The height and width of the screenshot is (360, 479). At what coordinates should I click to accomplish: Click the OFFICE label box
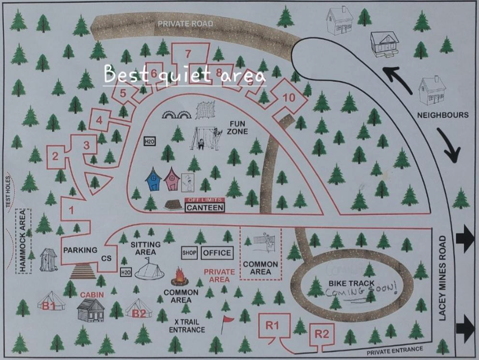(x=217, y=253)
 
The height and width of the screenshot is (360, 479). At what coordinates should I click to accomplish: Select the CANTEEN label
(x=205, y=208)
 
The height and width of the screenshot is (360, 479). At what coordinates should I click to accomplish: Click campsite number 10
(x=289, y=97)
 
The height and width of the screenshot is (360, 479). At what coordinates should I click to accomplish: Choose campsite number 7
(x=188, y=54)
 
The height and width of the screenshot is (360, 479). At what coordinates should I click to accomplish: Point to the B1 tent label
(x=49, y=306)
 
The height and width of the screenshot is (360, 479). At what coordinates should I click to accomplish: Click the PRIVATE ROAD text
(x=185, y=24)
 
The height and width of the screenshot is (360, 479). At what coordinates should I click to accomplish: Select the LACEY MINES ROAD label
(x=443, y=278)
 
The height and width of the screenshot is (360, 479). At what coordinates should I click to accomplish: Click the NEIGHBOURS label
(x=443, y=115)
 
